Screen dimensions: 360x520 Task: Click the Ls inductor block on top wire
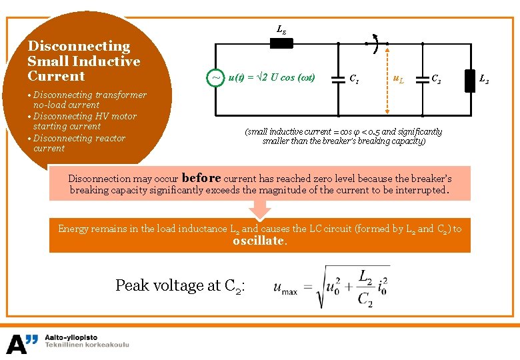pos(281,44)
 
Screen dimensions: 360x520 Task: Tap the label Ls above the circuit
pos(281,29)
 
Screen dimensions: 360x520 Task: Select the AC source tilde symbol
pos(216,78)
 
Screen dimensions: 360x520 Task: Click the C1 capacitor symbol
pos(338,78)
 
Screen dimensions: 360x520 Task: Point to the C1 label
pos(355,79)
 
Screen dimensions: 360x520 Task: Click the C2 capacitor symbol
pos(422,78)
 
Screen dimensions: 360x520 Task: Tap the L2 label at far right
pos(485,79)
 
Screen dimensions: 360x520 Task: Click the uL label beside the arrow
pos(398,79)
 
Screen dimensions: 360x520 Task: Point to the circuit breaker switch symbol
pos(375,44)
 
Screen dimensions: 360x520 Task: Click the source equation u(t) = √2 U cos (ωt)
pos(271,78)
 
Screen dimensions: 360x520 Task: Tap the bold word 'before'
pos(201,178)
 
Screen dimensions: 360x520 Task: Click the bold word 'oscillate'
pos(259,241)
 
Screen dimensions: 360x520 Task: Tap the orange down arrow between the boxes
pos(260,209)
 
